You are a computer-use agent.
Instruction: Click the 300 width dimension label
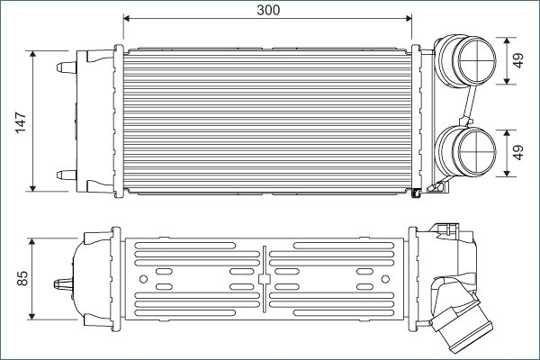coord(268,10)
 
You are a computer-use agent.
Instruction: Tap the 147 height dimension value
coord(21,122)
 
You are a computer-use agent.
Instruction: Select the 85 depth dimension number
coord(22,278)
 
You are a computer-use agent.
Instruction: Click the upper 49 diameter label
coord(517,60)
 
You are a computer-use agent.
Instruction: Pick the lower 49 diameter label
coord(517,152)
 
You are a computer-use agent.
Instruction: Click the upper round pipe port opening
coord(477,60)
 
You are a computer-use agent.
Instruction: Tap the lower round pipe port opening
coord(477,153)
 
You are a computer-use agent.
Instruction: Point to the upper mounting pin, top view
coord(67,67)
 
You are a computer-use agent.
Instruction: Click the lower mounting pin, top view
coord(67,175)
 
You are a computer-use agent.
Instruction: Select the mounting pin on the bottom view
coord(64,284)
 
